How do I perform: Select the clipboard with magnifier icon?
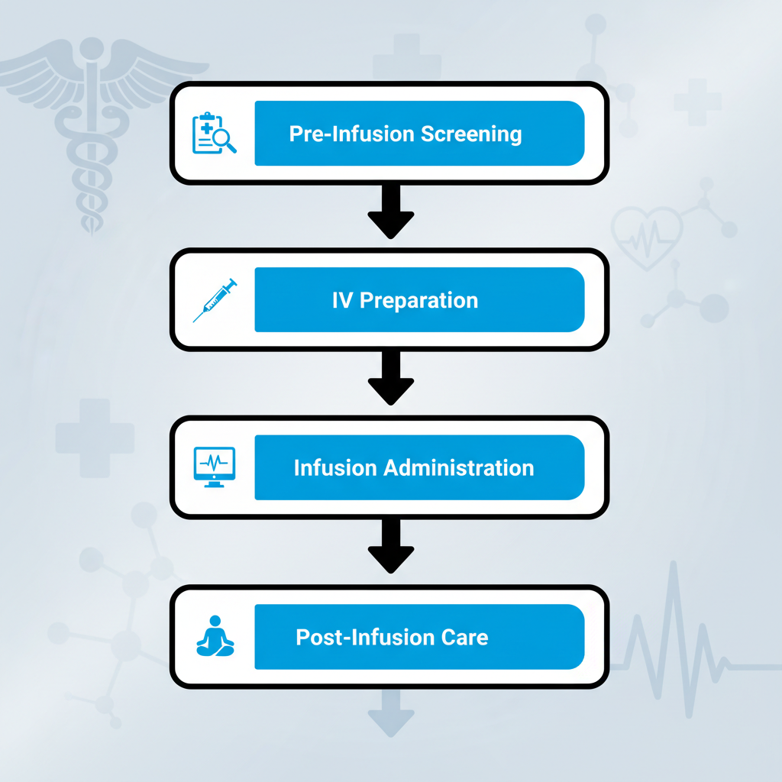click(x=214, y=133)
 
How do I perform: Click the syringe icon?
click(x=215, y=299)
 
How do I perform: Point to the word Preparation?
click(x=418, y=300)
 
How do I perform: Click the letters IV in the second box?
click(x=342, y=300)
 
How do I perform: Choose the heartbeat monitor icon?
click(x=215, y=467)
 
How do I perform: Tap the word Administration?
click(x=459, y=467)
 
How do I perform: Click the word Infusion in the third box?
click(x=334, y=467)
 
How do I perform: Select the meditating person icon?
click(x=215, y=636)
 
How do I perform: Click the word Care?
click(x=465, y=637)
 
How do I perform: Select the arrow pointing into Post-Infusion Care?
click(x=391, y=548)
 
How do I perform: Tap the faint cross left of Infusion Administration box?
click(x=95, y=438)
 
